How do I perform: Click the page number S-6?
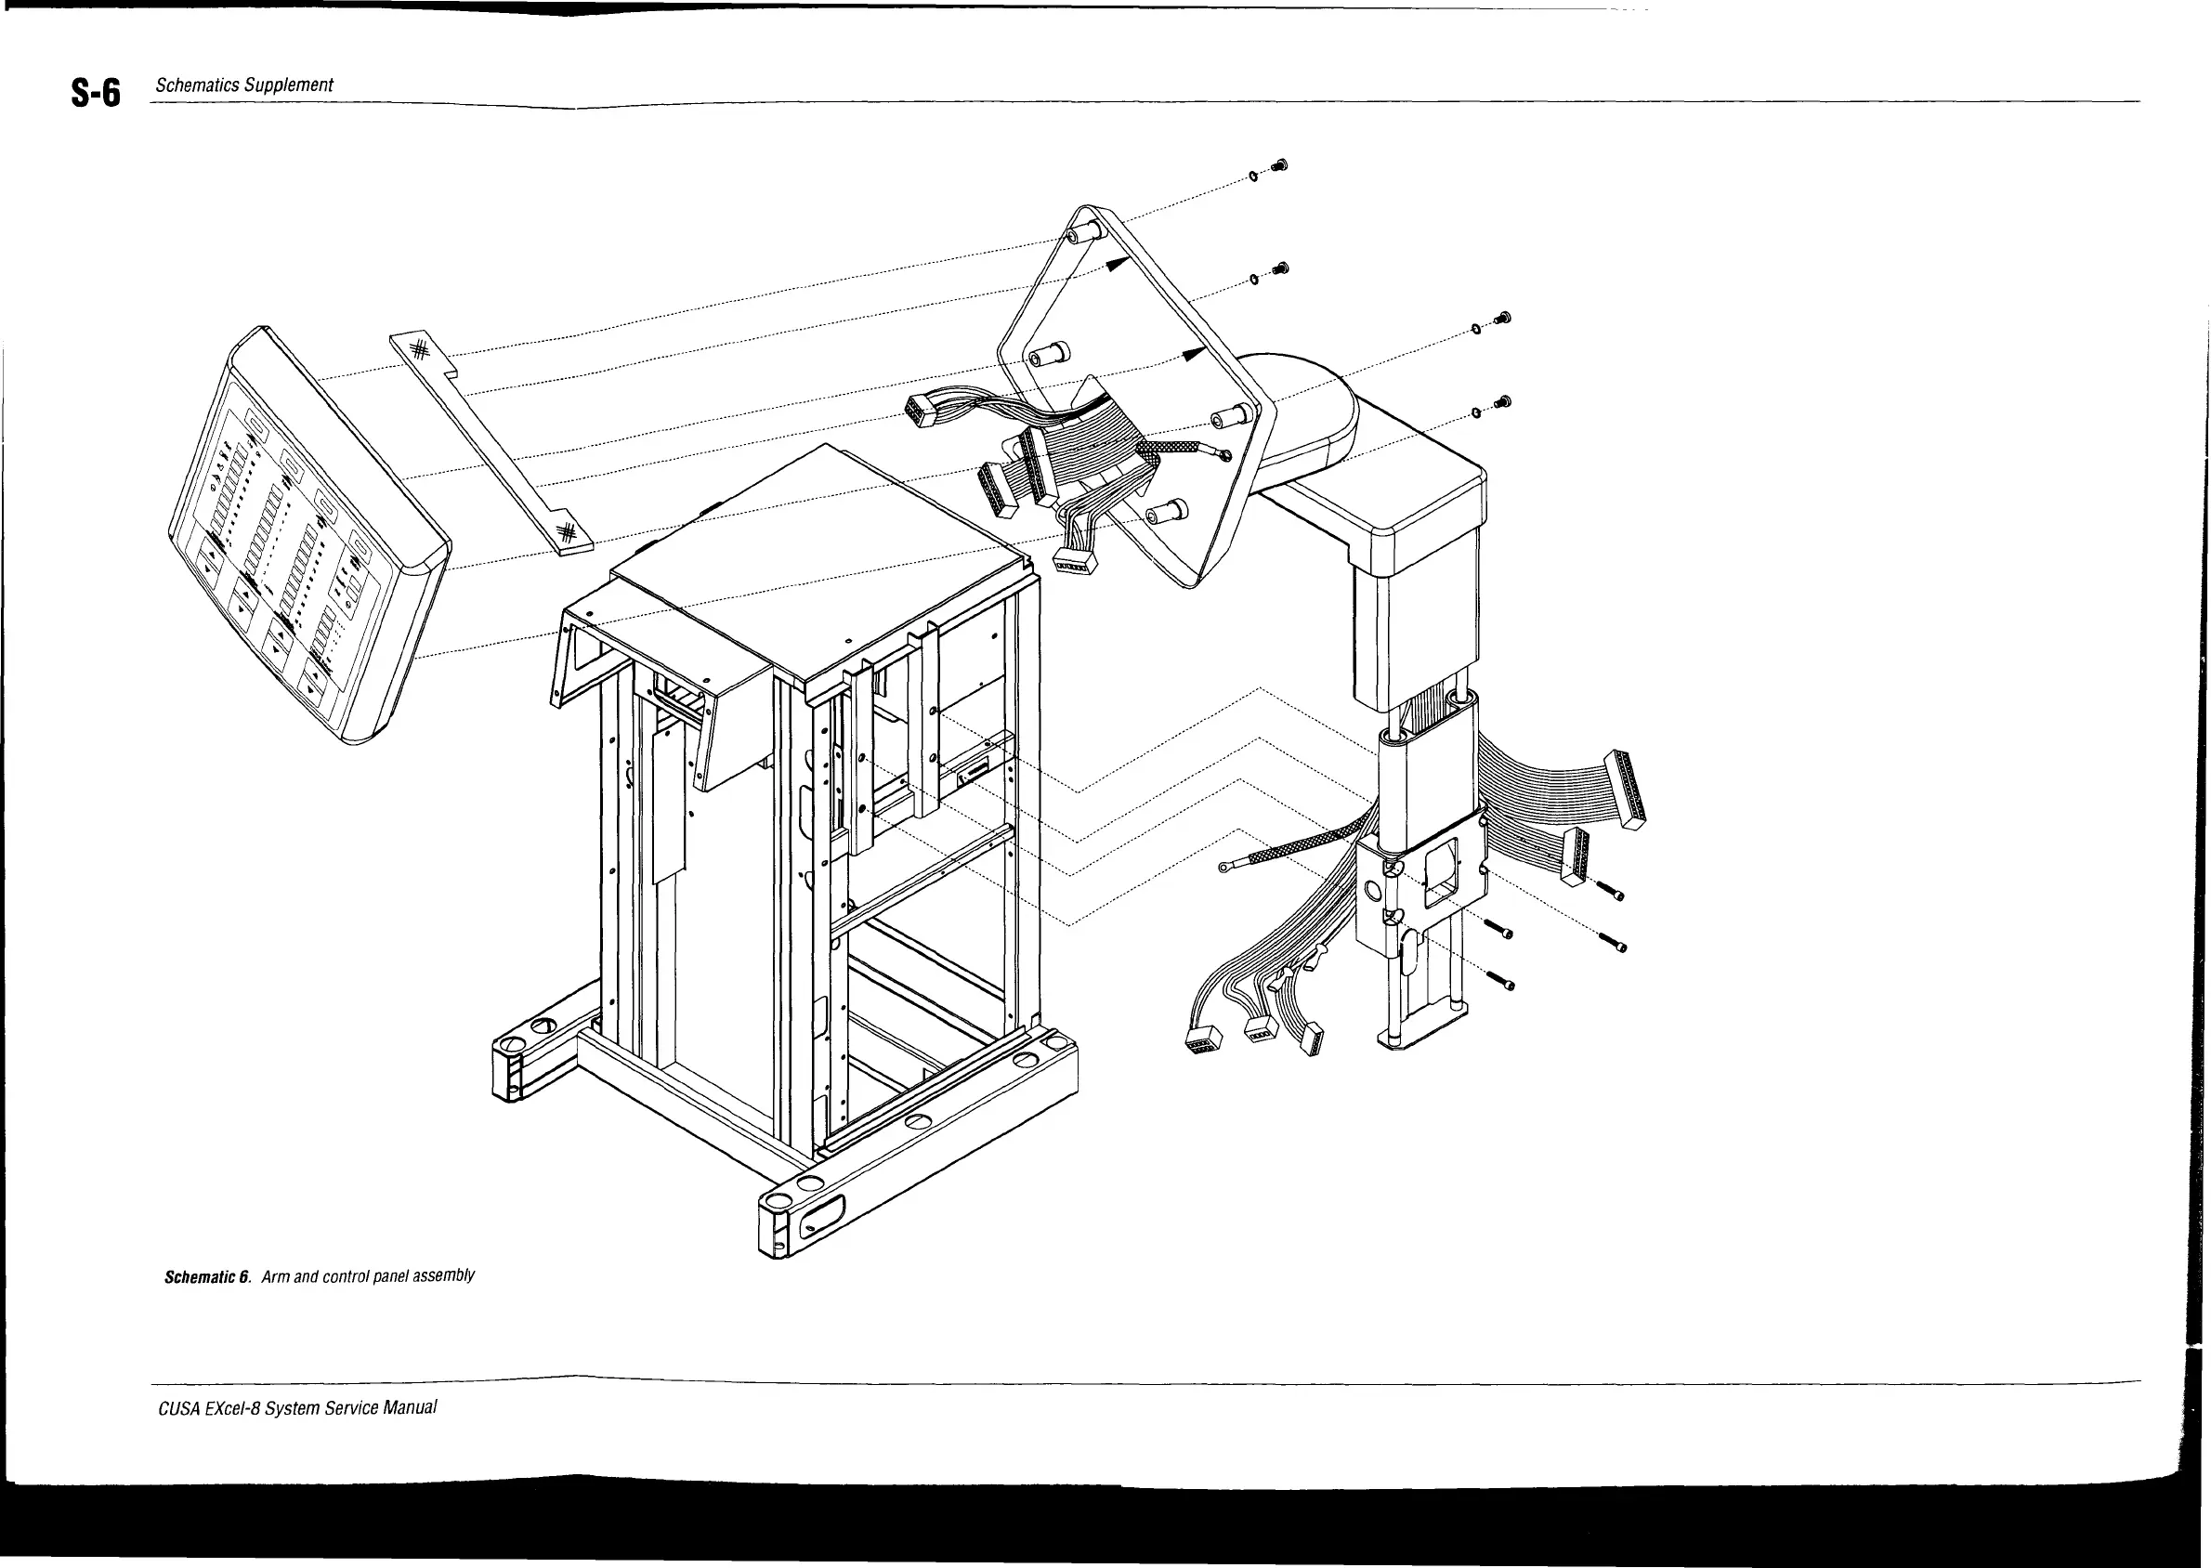(x=96, y=94)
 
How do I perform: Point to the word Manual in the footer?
(x=410, y=1406)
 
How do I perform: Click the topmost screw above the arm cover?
(x=1279, y=166)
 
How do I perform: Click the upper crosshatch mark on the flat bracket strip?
(x=419, y=350)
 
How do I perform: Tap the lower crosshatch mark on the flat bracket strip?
(x=569, y=530)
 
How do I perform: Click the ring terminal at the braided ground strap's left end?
(x=1225, y=868)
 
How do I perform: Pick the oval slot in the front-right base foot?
(x=821, y=1215)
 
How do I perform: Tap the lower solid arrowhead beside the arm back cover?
(x=1195, y=353)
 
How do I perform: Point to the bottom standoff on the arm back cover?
(x=1162, y=508)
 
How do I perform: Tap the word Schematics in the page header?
(x=197, y=85)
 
